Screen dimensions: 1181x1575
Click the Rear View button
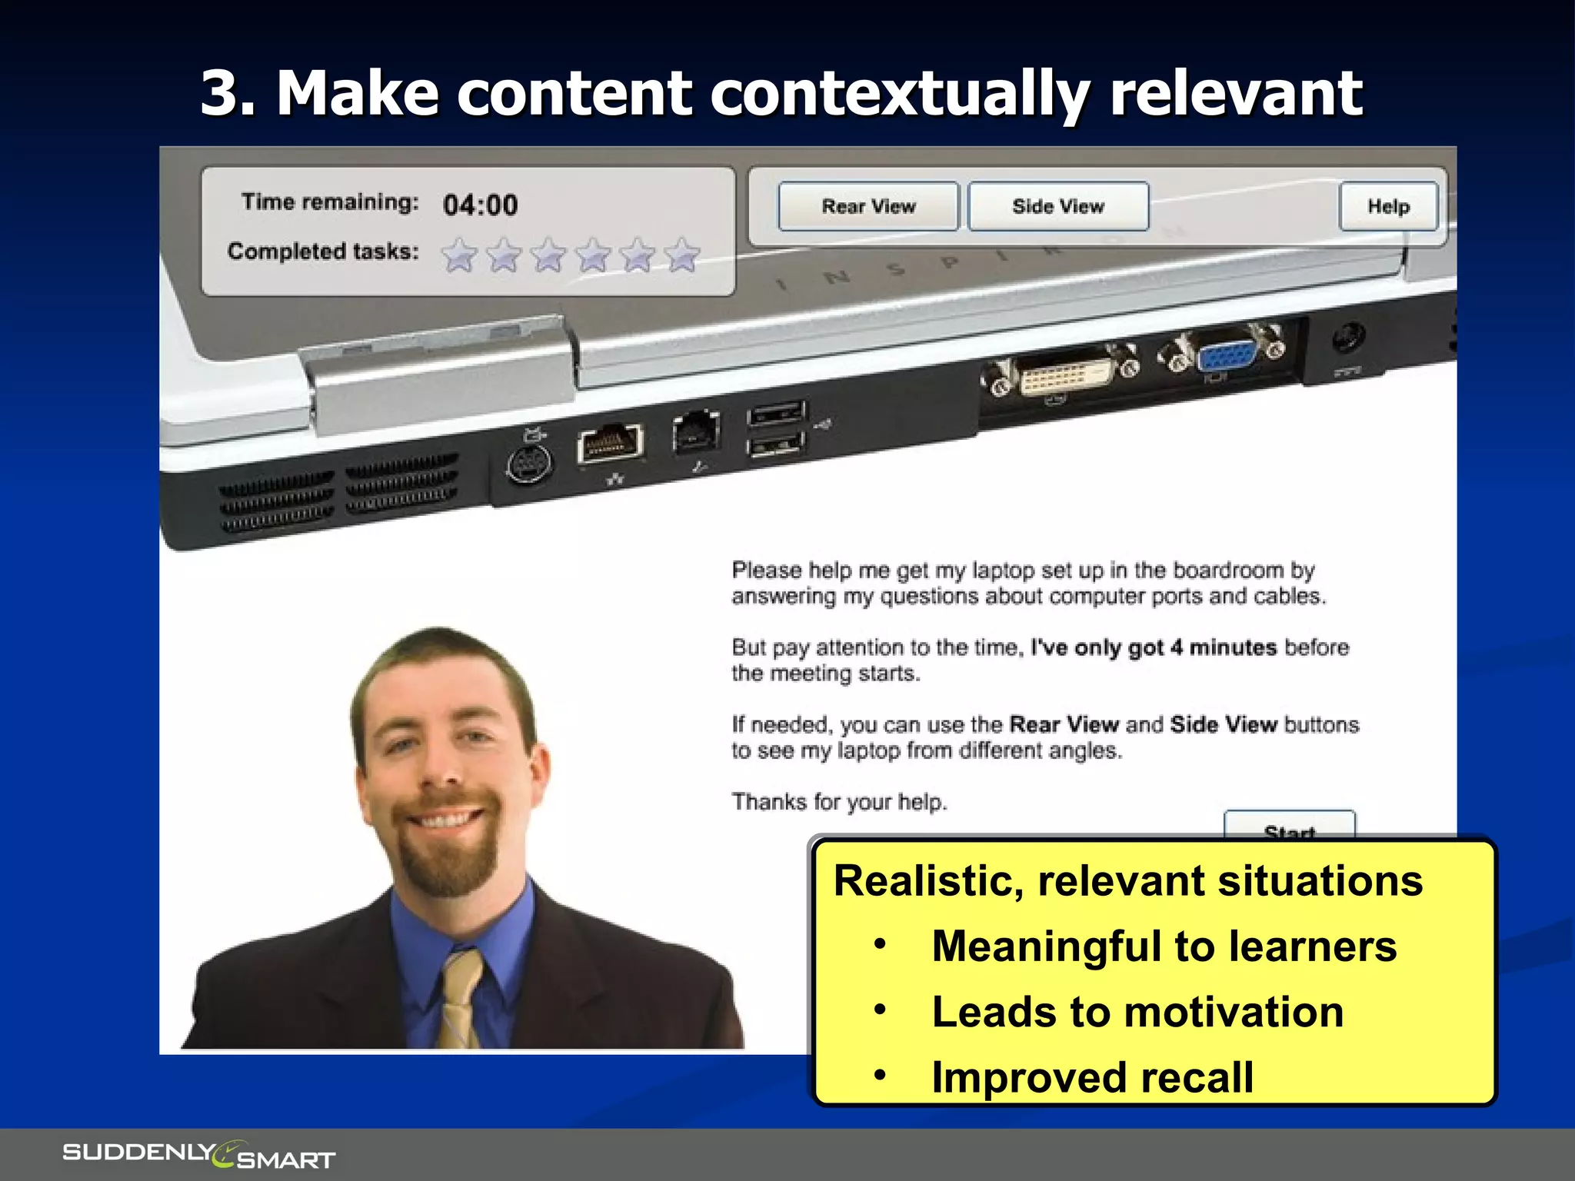coord(868,206)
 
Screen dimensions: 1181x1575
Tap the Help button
coord(1388,206)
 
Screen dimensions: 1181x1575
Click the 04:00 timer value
coord(480,205)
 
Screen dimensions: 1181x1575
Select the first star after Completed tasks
coord(459,255)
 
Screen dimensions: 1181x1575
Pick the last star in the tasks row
coord(682,255)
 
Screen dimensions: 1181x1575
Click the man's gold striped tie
coord(461,1000)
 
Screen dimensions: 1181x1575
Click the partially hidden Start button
coord(1289,823)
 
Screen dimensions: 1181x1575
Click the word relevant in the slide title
coord(1236,94)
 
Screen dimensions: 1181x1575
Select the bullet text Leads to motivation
coord(1137,1012)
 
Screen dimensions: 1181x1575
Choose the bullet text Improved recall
coord(1092,1077)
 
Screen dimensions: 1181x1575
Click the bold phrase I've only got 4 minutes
coord(1153,647)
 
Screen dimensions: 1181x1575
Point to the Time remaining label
coord(330,202)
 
